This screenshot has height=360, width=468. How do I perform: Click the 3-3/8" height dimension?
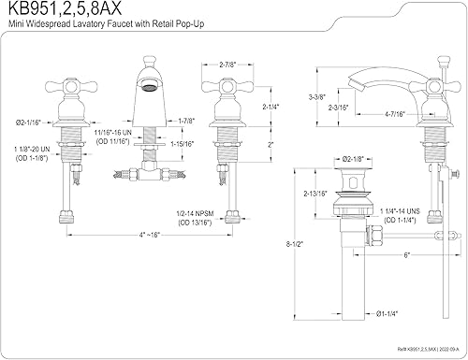pyautogui.click(x=317, y=96)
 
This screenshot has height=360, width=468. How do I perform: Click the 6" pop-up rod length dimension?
pyautogui.click(x=405, y=254)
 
